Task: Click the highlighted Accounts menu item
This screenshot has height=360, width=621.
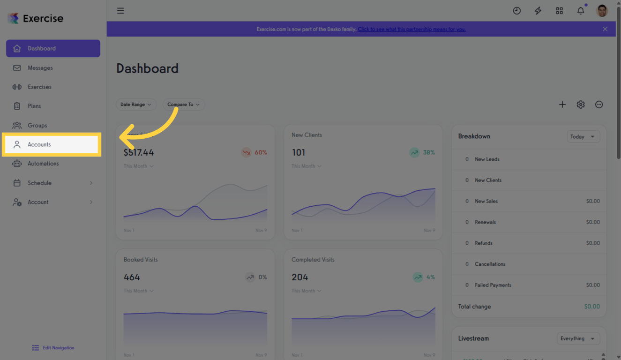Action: point(52,144)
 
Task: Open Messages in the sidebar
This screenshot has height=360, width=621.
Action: point(40,68)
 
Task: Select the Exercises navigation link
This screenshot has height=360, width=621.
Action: point(39,87)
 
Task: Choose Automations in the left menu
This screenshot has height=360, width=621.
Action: point(43,164)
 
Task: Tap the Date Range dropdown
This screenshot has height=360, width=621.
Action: point(136,105)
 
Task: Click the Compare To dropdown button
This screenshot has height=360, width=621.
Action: point(183,105)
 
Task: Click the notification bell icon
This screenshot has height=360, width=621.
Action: point(581,11)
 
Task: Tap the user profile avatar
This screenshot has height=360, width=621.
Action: point(602,11)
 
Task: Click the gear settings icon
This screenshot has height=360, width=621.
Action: point(581,105)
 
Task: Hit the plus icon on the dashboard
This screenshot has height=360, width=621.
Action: point(562,105)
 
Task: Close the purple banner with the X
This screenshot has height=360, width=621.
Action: point(605,29)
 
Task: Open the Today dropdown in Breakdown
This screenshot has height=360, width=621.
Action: point(583,137)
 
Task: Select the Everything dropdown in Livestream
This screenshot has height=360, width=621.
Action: point(578,338)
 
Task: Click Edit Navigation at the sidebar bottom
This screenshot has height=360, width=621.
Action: point(53,348)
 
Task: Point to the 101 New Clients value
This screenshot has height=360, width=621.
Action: point(299,152)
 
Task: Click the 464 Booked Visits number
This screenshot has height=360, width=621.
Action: point(132,277)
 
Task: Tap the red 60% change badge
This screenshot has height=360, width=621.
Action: point(254,152)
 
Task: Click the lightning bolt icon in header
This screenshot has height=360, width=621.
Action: point(538,11)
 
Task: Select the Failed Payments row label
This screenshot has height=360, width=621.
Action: point(493,285)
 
